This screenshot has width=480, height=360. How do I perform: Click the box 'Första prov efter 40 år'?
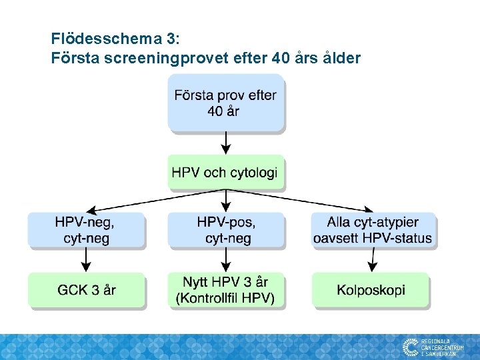point(225,103)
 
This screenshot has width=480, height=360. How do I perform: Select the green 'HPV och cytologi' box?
point(225,173)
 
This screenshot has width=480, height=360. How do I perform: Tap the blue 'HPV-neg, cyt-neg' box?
point(85,230)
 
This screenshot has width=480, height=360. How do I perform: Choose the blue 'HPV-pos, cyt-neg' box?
point(226,230)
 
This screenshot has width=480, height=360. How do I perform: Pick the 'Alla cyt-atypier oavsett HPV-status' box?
point(373,230)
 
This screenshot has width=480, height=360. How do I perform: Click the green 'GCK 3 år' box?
point(87,290)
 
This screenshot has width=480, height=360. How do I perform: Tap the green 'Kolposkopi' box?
point(371,290)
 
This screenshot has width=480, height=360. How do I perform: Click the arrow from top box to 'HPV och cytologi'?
point(226,142)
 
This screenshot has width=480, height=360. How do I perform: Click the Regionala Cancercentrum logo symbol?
point(410,347)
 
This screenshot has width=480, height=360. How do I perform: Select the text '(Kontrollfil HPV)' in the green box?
point(225,298)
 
